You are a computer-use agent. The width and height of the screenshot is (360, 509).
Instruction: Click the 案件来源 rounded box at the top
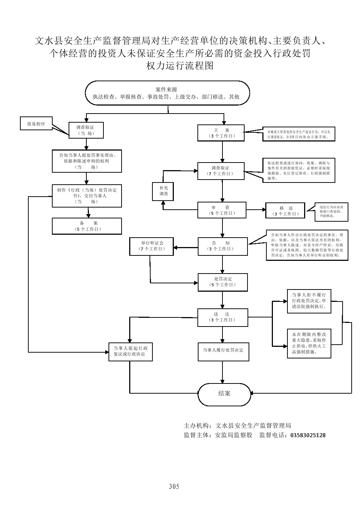click(x=167, y=93)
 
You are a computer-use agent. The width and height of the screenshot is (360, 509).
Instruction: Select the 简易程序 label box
click(x=36, y=124)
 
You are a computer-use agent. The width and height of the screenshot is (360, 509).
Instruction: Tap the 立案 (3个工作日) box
click(x=221, y=133)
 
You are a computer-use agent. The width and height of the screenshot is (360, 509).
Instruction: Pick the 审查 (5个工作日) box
click(x=222, y=210)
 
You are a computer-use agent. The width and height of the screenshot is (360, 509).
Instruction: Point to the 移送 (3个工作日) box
click(x=286, y=211)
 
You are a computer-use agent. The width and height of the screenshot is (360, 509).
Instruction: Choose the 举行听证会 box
click(x=152, y=246)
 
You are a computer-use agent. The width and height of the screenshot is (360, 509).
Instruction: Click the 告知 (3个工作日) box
click(x=222, y=246)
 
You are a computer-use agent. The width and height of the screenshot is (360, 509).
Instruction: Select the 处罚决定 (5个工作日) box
click(x=222, y=282)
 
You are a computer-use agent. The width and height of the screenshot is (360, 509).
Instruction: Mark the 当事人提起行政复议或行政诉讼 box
click(x=131, y=351)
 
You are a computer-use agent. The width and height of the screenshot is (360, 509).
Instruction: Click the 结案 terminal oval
click(x=224, y=394)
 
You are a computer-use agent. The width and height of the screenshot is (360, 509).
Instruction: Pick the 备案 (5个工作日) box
click(x=87, y=226)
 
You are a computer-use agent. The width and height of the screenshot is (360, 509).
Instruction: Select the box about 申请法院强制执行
click(x=309, y=301)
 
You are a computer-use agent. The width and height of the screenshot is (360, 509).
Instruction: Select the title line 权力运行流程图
click(x=179, y=66)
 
